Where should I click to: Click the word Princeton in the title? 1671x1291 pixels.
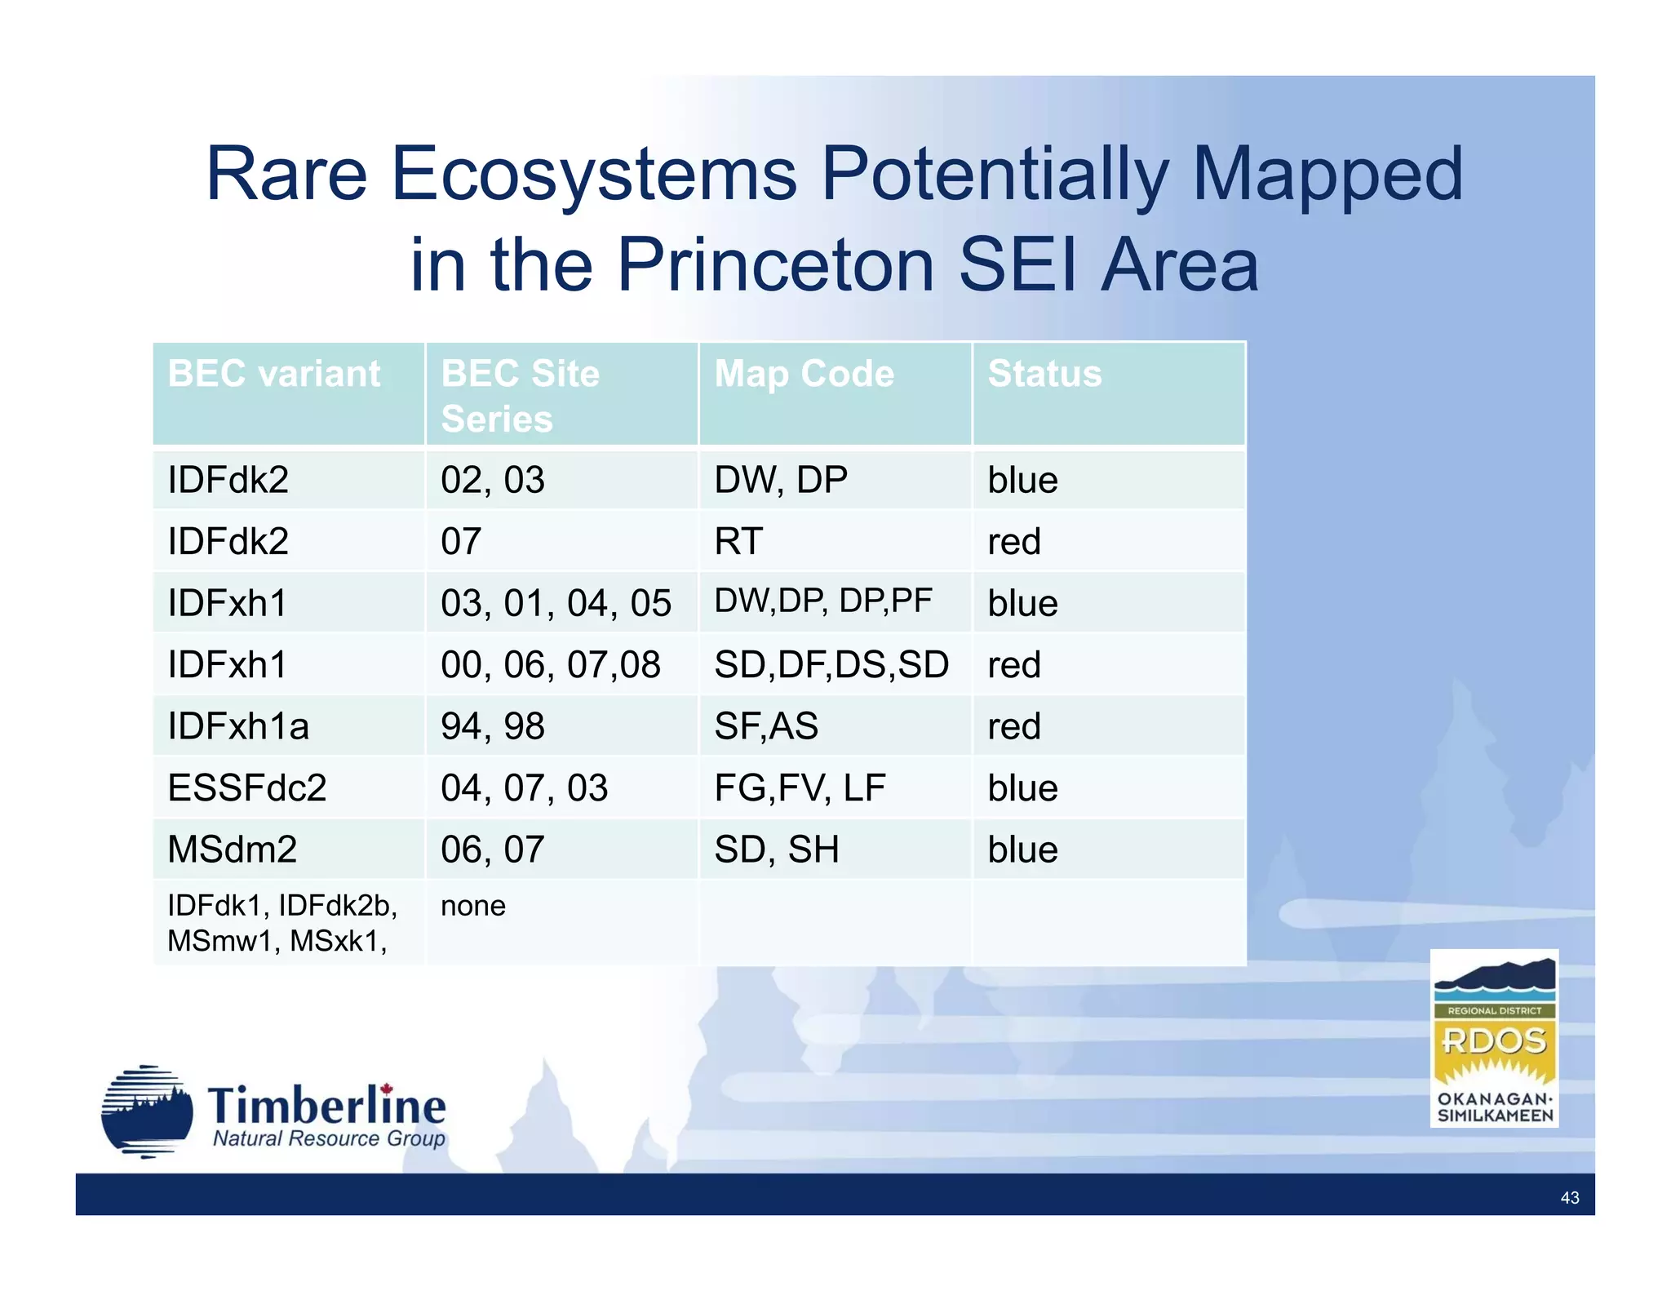coord(774,264)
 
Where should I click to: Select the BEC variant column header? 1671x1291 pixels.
coord(273,374)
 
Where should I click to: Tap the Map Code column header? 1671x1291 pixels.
coord(804,374)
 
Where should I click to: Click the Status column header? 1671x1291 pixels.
coord(1044,374)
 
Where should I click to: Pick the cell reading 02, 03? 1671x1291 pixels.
coord(492,480)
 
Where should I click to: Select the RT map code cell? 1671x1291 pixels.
coord(738,542)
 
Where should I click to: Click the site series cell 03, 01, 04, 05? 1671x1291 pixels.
coord(556,603)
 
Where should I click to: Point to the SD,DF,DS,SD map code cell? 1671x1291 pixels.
coord(831,665)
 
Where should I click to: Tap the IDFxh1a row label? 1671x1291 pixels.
coord(238,726)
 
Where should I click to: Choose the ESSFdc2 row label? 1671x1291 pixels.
coord(246,788)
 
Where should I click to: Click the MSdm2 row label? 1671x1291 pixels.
coord(232,850)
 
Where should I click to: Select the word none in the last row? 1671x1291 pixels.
coord(472,906)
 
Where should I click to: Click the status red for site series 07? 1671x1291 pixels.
coord(1013,542)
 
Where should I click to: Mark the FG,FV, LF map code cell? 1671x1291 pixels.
coord(800,788)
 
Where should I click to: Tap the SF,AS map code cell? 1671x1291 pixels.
coord(765,726)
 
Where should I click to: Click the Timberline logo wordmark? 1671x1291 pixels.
coord(326,1107)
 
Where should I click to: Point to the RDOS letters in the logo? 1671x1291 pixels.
coord(1493,1040)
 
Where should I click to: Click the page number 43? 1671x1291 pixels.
coord(1569,1198)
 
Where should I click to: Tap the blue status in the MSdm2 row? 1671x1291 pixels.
coord(1022,850)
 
